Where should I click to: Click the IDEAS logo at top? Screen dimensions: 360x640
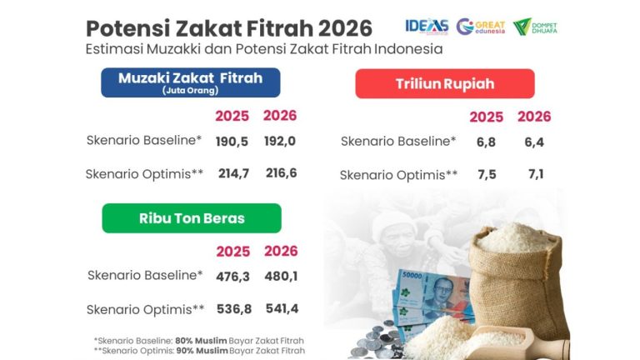click(x=426, y=26)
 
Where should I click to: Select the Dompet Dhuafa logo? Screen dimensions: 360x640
click(x=535, y=26)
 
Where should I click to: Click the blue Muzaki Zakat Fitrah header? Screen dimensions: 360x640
click(x=190, y=82)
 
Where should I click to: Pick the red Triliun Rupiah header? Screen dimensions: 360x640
click(x=444, y=84)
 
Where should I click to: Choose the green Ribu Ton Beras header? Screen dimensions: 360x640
click(x=192, y=218)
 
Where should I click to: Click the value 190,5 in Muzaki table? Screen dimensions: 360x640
click(x=232, y=141)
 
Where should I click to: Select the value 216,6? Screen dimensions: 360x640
click(x=280, y=173)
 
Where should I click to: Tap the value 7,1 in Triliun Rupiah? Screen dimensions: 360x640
click(x=534, y=174)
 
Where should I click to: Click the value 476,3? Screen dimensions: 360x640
click(x=232, y=275)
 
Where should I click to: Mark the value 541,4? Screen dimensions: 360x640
click(x=281, y=308)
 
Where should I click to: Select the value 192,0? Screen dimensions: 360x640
click(x=280, y=141)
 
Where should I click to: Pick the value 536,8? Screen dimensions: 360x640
click(x=232, y=308)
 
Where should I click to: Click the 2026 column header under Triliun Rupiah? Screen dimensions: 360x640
click(x=534, y=117)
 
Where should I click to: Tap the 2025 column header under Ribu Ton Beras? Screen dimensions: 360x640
click(x=232, y=251)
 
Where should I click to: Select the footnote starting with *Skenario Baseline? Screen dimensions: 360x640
click(x=198, y=340)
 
